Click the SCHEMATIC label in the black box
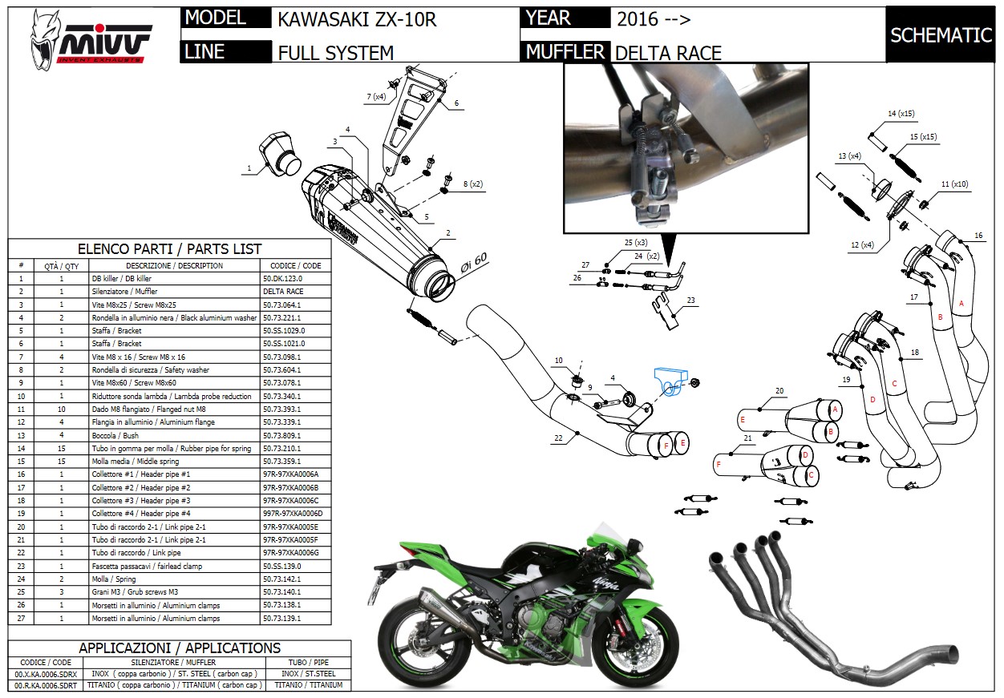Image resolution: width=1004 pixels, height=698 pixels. point(941,35)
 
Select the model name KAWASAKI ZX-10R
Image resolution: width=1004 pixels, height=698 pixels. point(357,19)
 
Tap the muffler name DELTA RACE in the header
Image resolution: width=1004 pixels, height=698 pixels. point(667,53)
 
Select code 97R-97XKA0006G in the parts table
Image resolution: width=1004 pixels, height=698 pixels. point(290,553)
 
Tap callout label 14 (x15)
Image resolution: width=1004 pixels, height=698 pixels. point(901,114)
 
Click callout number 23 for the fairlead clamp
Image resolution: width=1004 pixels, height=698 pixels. point(690,301)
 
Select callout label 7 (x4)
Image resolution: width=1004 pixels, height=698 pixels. point(376,97)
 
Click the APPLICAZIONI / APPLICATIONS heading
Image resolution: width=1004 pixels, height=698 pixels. point(180,648)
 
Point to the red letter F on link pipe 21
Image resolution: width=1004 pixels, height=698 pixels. point(719,464)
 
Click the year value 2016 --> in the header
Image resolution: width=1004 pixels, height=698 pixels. point(653,19)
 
